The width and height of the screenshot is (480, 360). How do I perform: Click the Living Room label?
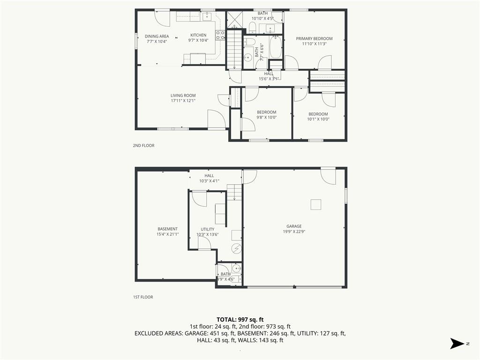183,96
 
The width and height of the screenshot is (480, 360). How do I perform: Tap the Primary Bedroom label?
314,38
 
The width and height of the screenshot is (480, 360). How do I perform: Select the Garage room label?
294,226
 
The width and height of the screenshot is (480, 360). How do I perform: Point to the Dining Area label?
157,37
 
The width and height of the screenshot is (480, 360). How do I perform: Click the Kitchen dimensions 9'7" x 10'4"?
198,40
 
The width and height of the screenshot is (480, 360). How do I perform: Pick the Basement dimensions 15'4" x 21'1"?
167,234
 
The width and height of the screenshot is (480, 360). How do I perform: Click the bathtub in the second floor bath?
276,47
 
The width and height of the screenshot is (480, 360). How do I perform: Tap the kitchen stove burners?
220,35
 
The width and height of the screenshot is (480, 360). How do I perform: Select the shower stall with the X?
235,20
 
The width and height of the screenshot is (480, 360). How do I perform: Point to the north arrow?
457,344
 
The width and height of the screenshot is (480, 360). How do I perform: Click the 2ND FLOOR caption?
143,146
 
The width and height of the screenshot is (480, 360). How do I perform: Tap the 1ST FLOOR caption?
143,297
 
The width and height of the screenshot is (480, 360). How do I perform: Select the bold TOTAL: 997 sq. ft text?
240,320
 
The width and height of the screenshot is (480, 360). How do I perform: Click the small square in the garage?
315,204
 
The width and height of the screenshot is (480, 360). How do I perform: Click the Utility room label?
208,229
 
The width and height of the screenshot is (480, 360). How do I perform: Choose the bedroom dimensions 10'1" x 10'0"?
318,120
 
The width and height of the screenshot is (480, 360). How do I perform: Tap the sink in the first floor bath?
236,269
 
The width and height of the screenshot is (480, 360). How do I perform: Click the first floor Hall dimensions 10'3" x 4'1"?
210,181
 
